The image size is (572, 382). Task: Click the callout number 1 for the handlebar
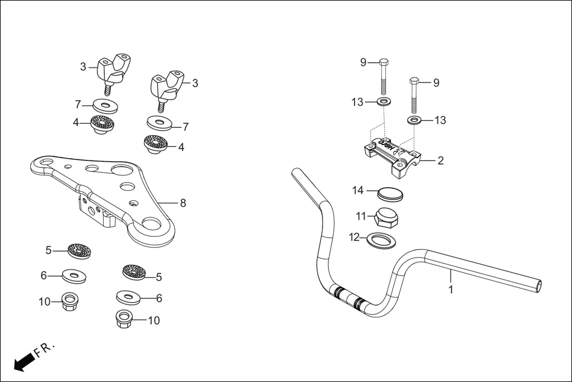[451, 290]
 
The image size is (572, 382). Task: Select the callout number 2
[440, 160]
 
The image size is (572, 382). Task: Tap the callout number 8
[183, 203]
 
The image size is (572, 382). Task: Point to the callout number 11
[362, 216]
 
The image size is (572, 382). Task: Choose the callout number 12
[354, 237]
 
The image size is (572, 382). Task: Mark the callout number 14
[357, 191]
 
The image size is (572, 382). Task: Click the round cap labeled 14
[390, 194]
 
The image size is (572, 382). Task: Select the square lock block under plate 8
[95, 211]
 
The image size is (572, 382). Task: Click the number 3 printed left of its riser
[83, 67]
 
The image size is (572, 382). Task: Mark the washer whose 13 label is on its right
[414, 121]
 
